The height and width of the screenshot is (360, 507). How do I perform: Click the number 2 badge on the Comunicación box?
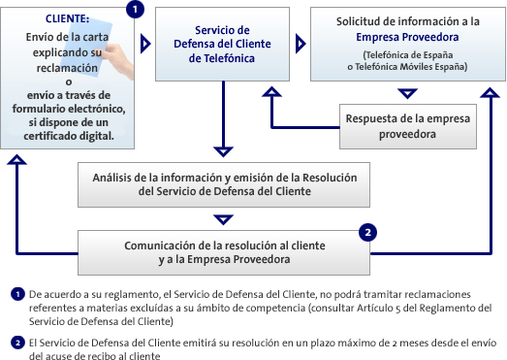(x=368, y=233)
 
